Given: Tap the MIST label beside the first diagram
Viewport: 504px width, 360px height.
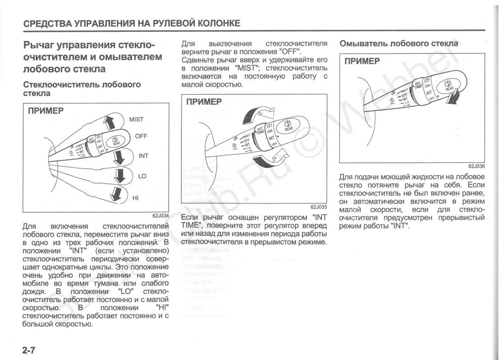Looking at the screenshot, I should (136, 119).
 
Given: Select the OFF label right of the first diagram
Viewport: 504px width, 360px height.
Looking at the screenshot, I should (141, 136).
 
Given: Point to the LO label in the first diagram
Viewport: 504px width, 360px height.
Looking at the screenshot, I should (142, 176).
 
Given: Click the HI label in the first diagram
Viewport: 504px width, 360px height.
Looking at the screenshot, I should (136, 198).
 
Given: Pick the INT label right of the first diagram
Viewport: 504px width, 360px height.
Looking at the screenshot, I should (143, 156).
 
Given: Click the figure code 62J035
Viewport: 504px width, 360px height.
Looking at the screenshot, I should (319, 207).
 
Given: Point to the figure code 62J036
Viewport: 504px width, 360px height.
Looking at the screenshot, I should (476, 166).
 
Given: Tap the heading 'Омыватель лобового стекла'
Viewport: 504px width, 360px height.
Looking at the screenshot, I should (399, 43).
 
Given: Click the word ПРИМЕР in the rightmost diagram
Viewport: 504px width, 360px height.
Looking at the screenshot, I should (362, 61).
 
